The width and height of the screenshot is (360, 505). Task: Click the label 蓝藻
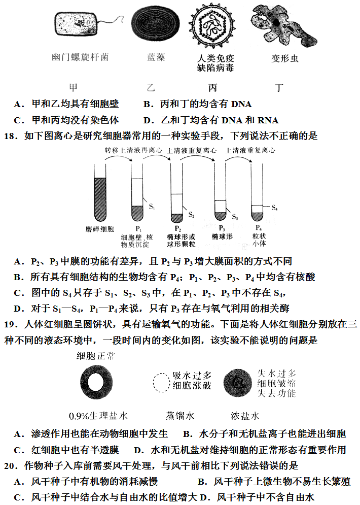click(x=156, y=57)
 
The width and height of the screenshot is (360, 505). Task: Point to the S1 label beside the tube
click(x=152, y=206)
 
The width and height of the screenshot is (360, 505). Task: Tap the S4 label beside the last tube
click(x=274, y=207)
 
